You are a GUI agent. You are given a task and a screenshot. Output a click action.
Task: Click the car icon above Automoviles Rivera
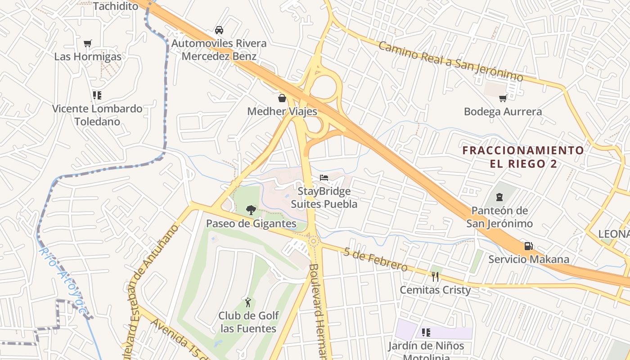(x=219, y=30)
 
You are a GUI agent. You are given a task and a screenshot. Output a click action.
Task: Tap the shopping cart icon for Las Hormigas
(x=88, y=44)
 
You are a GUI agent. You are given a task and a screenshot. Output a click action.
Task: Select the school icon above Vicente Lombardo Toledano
(x=97, y=95)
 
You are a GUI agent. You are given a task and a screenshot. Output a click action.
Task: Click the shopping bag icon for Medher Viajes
(x=282, y=98)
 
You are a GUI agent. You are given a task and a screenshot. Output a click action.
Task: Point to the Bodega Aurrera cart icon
(x=503, y=98)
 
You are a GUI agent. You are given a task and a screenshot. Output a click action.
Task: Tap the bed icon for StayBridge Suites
(x=324, y=178)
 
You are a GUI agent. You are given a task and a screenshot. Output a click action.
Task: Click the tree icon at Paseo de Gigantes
(x=251, y=210)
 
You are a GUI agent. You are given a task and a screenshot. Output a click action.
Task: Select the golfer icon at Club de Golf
(x=248, y=302)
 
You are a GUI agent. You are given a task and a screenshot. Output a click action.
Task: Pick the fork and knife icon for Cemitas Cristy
(x=435, y=277)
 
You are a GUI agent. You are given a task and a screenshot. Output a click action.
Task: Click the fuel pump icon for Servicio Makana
(x=529, y=246)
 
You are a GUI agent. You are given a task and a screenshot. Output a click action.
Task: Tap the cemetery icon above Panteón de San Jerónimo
(x=499, y=197)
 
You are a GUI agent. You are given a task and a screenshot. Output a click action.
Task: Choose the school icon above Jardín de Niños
(x=426, y=333)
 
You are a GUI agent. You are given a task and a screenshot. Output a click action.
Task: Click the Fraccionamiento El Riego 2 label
(x=523, y=157)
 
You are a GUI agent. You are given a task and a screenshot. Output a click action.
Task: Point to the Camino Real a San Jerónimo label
(x=450, y=61)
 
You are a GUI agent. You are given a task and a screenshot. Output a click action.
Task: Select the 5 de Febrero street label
(x=375, y=259)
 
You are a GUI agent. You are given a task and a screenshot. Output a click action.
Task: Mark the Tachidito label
(x=116, y=6)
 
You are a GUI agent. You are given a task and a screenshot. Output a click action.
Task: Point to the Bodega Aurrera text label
(x=503, y=112)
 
